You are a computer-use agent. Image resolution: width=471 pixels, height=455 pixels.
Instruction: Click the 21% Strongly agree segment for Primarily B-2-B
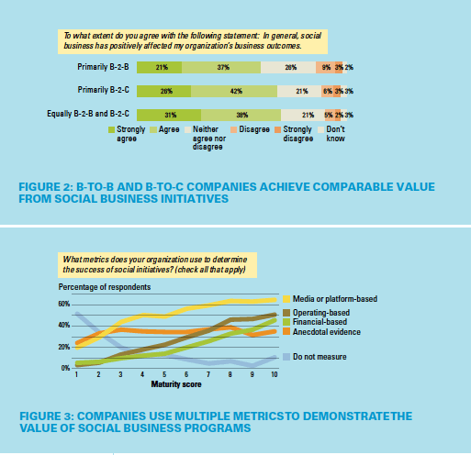click(x=160, y=68)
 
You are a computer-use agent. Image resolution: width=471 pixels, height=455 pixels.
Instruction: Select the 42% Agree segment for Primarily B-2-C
click(x=234, y=91)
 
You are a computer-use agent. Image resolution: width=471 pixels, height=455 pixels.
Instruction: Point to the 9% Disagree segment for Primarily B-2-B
click(x=324, y=68)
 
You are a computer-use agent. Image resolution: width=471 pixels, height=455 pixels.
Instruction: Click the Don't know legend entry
click(x=337, y=136)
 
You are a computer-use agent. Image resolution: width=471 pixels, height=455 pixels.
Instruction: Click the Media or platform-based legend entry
click(x=333, y=298)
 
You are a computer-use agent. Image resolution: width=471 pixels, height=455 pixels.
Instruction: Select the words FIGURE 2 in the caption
click(x=42, y=186)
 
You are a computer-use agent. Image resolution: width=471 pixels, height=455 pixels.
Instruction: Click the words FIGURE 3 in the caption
click(x=42, y=416)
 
